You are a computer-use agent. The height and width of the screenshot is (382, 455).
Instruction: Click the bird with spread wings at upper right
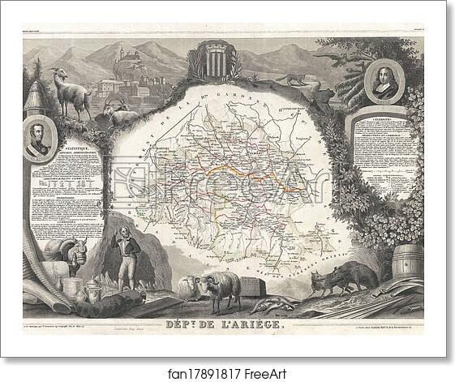tap(333, 58)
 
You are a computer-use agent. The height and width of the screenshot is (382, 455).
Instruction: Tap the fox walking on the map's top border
tap(291, 79)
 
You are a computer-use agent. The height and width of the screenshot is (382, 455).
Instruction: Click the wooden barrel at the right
tap(407, 264)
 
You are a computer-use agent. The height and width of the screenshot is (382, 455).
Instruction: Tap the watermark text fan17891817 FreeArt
tap(227, 367)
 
